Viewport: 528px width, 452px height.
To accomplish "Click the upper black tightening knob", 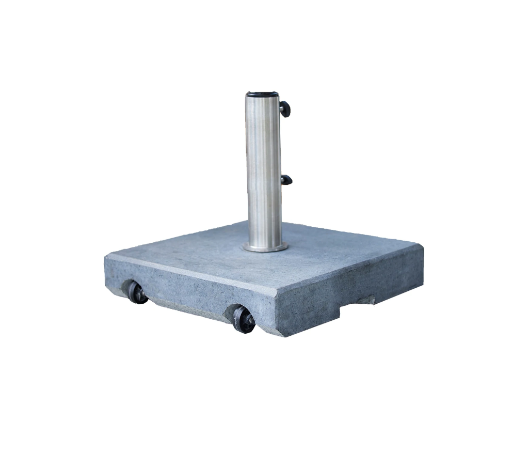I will coord(285,108).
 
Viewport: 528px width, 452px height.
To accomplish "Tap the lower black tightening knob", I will coord(286,180).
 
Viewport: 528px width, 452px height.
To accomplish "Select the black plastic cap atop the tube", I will coord(262,95).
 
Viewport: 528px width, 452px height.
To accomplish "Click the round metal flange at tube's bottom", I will coord(265,247).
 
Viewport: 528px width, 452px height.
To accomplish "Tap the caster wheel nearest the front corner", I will coord(243,318).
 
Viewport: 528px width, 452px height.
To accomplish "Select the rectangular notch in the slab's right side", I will coord(356,306).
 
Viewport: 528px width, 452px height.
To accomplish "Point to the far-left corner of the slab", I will coord(105,257).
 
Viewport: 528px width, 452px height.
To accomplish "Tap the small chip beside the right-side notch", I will coord(371,299).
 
